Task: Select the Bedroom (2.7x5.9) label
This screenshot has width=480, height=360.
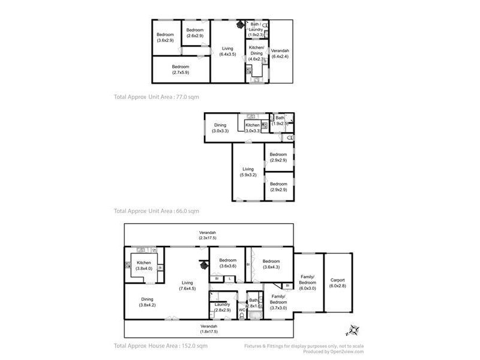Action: [x=181, y=69]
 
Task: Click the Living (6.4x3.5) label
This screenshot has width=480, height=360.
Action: [x=227, y=51]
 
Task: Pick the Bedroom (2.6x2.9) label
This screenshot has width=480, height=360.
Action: [x=194, y=33]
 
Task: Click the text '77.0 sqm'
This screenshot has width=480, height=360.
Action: [x=187, y=96]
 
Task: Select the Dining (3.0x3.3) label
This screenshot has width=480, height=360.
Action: [x=220, y=128]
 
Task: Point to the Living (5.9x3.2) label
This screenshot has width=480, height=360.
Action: [x=248, y=172]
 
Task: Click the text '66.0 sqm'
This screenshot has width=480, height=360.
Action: [x=187, y=211]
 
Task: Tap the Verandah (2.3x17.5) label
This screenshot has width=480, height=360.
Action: [x=208, y=235]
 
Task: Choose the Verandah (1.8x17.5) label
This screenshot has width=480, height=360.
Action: [x=208, y=329]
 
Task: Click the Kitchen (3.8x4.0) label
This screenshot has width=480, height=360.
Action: [x=143, y=266]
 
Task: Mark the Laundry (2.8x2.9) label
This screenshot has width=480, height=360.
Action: [x=222, y=307]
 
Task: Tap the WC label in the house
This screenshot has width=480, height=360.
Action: [x=241, y=310]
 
